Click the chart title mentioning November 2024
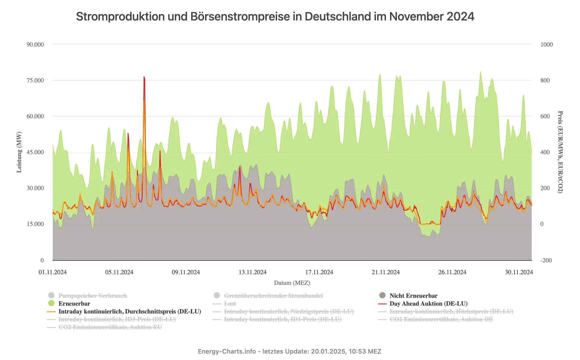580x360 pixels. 275,17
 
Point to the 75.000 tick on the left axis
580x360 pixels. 35,80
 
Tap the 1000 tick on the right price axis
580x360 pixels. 546,45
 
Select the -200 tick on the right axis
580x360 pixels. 546,260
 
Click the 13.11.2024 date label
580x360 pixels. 252,272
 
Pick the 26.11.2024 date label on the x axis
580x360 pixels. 452,272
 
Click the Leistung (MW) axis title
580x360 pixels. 19,152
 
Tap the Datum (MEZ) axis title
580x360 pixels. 292,283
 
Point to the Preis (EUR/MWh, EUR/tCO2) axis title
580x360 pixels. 560,152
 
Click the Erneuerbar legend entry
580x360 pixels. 74,304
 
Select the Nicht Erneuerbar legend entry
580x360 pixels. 413,296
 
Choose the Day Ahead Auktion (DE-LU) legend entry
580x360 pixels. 428,304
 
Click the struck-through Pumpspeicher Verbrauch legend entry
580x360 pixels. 93,296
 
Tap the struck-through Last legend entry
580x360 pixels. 230,304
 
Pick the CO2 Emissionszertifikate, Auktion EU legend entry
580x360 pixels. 110,327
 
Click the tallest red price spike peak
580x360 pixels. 144,77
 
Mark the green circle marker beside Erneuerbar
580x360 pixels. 51,303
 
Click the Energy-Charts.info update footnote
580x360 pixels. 289,351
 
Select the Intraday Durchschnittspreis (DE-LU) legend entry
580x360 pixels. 130,311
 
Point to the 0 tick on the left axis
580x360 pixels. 42,260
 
